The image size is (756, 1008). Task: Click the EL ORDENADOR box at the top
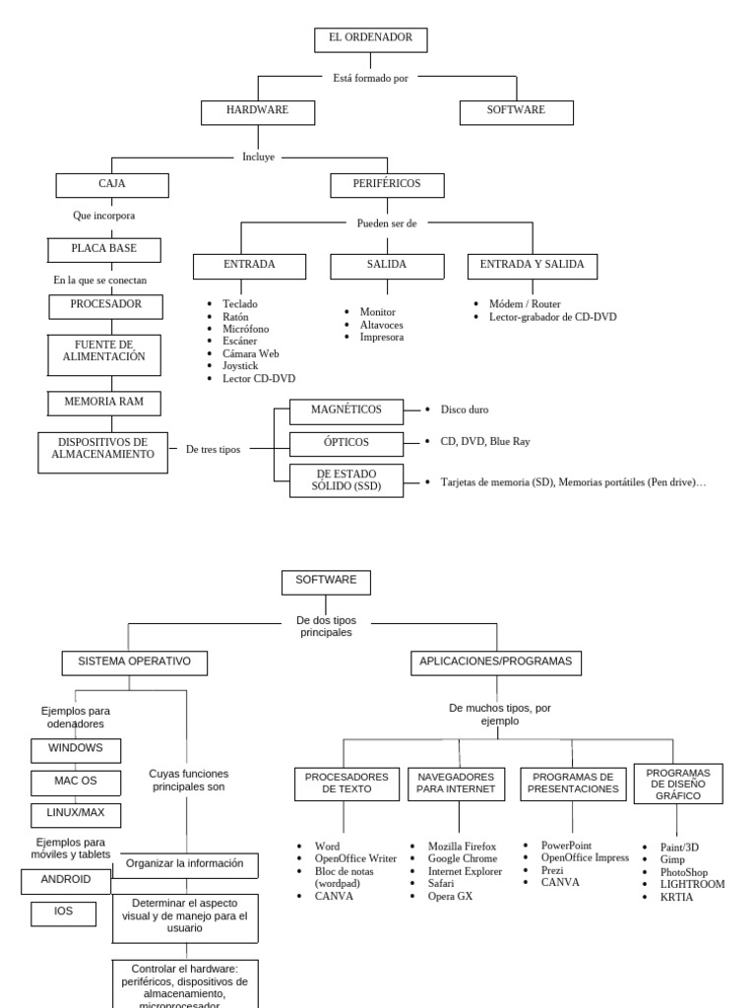pyautogui.click(x=370, y=39)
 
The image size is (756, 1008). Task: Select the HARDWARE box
pyautogui.click(x=257, y=111)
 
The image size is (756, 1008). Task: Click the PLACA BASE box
pyautogui.click(x=104, y=249)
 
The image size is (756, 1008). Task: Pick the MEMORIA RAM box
pyautogui.click(x=103, y=403)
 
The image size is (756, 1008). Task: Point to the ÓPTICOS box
pyautogui.click(x=346, y=443)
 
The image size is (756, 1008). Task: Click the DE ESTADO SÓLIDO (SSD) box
pyautogui.click(x=346, y=480)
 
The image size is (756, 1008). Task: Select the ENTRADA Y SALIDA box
pyautogui.click(x=532, y=265)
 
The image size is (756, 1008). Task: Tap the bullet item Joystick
pyautogui.click(x=240, y=365)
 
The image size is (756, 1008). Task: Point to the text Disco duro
pyautogui.click(x=465, y=409)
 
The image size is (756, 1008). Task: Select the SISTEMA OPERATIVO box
pyautogui.click(x=135, y=662)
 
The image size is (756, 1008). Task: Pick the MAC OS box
pyautogui.click(x=76, y=782)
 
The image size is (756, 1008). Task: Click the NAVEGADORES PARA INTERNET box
pyautogui.click(x=458, y=784)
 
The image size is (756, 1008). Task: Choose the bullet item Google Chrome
pyautogui.click(x=463, y=858)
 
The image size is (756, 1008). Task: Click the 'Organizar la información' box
pyautogui.click(x=185, y=864)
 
